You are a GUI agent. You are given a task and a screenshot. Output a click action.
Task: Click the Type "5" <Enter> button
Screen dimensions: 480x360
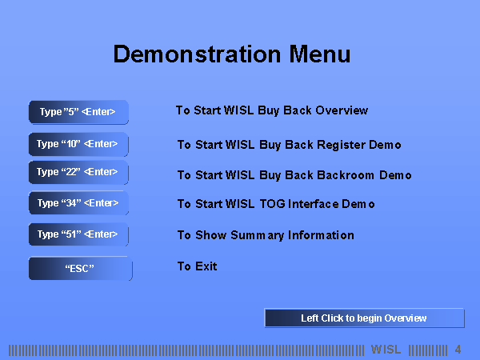[x=78, y=112]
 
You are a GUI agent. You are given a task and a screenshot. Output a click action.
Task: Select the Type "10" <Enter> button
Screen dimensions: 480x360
[x=78, y=144]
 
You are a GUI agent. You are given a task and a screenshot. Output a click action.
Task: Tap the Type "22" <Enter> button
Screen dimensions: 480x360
[x=78, y=172]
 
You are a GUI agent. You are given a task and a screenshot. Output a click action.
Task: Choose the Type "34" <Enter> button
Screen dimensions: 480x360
[x=78, y=203]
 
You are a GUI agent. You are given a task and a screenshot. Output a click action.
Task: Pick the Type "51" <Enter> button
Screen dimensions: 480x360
[x=78, y=234]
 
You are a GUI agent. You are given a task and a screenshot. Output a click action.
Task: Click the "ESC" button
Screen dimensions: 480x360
[x=81, y=269]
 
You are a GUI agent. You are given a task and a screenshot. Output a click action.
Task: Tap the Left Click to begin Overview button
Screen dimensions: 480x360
[x=364, y=318]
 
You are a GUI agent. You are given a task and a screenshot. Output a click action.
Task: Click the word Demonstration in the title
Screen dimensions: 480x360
[x=197, y=54]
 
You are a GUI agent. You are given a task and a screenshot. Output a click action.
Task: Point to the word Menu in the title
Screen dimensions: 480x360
[x=320, y=54]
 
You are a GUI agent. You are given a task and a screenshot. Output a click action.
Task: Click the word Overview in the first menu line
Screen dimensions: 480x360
[x=342, y=110]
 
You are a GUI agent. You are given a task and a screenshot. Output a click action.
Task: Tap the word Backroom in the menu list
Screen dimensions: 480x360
[x=346, y=175]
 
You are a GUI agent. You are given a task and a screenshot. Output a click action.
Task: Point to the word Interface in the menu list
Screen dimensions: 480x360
[x=313, y=204]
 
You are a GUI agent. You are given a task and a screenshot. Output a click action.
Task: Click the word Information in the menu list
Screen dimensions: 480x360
[x=321, y=235]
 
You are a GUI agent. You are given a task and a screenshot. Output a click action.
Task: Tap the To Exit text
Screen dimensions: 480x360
[x=197, y=266]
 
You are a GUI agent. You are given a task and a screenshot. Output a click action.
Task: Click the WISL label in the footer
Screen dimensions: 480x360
[x=386, y=350]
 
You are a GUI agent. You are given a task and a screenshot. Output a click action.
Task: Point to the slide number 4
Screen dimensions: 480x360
[x=458, y=350]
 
